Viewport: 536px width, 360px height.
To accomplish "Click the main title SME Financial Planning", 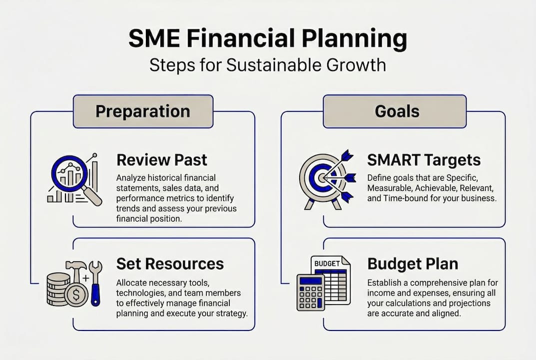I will pos(268,39).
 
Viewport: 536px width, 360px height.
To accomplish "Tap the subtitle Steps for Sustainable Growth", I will pos(268,65).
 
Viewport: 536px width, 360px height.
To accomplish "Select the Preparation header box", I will pos(143,111).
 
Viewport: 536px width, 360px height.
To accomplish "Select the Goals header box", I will pos(395,111).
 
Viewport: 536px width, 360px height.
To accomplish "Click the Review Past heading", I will pos(162,160).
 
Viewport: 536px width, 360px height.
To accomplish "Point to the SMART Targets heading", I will pos(424,160).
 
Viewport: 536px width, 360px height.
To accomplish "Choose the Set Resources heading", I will pos(170,263).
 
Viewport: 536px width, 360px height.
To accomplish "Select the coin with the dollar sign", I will pos(76,295).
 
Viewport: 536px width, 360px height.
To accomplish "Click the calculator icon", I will pos(311,292).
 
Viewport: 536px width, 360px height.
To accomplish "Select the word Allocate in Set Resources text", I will pos(131,283).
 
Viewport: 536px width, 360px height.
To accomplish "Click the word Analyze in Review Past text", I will pos(131,177).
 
